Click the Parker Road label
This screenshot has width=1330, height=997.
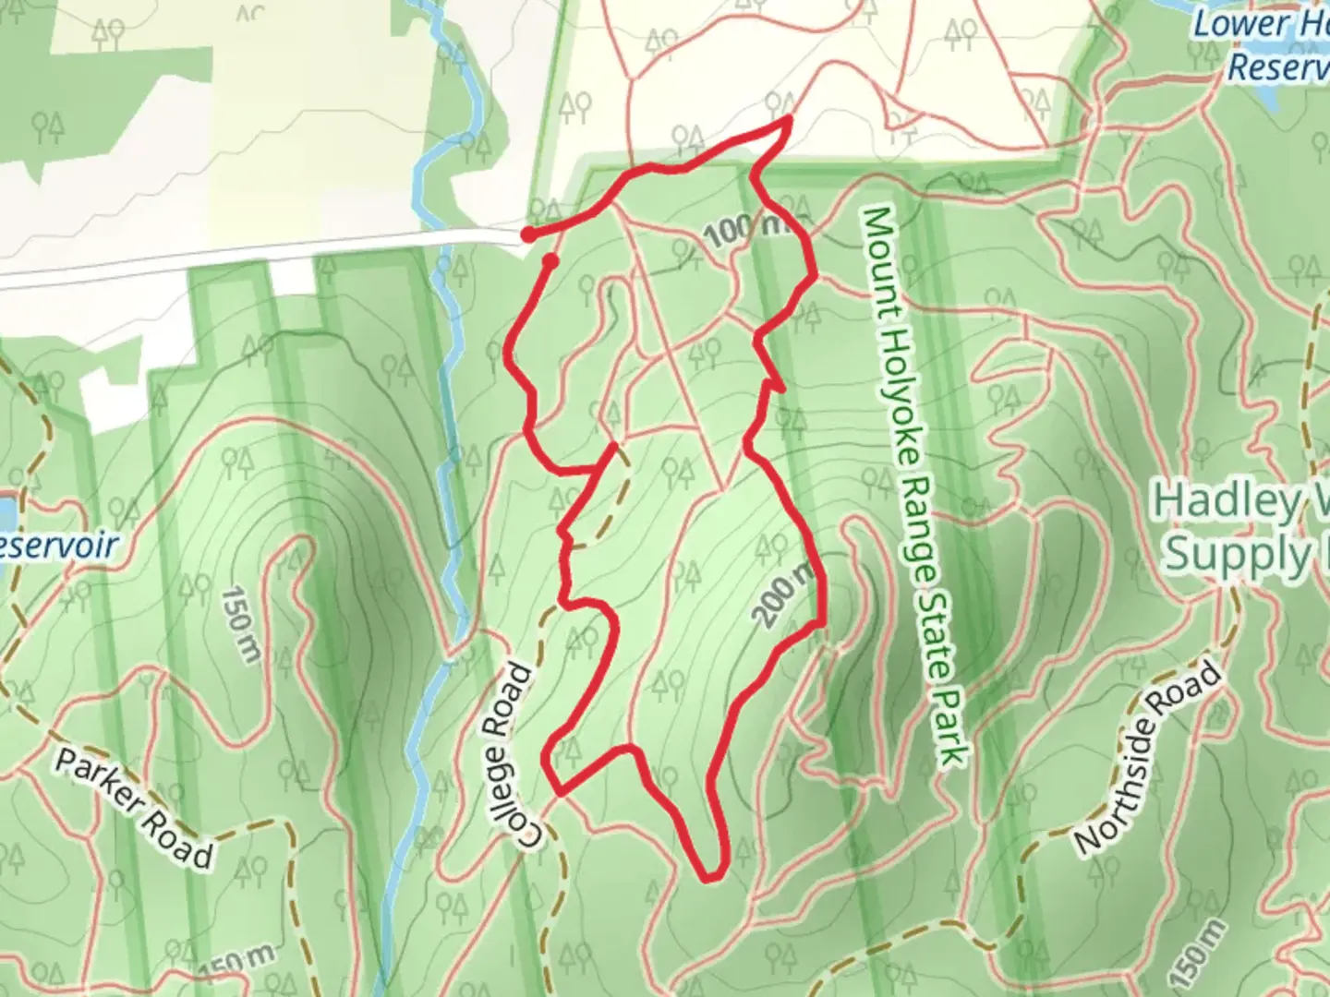(x=133, y=809)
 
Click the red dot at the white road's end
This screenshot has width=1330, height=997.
(x=527, y=234)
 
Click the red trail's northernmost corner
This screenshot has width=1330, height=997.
(x=789, y=119)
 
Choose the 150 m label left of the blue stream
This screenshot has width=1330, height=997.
(x=239, y=623)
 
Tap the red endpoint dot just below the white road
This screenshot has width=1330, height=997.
(x=550, y=262)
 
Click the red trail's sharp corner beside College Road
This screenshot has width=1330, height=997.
(x=558, y=791)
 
